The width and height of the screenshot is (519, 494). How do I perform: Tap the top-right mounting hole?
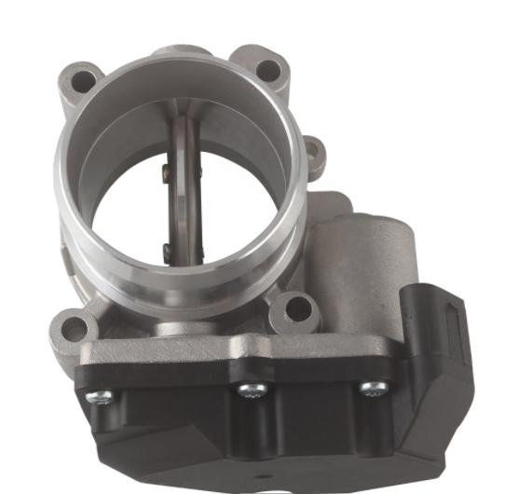(x=267, y=68)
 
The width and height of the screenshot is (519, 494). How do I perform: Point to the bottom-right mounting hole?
(x=297, y=307)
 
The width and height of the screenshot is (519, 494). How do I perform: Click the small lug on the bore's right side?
(x=316, y=155)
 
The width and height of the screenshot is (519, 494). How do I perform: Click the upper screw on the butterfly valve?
(x=165, y=170)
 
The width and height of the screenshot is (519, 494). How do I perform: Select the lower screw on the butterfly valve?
(x=168, y=249)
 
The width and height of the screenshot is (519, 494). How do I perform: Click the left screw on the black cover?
(x=100, y=397)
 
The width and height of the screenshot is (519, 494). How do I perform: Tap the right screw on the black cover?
(x=373, y=388)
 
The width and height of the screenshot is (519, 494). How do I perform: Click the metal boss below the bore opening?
(x=182, y=327)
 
